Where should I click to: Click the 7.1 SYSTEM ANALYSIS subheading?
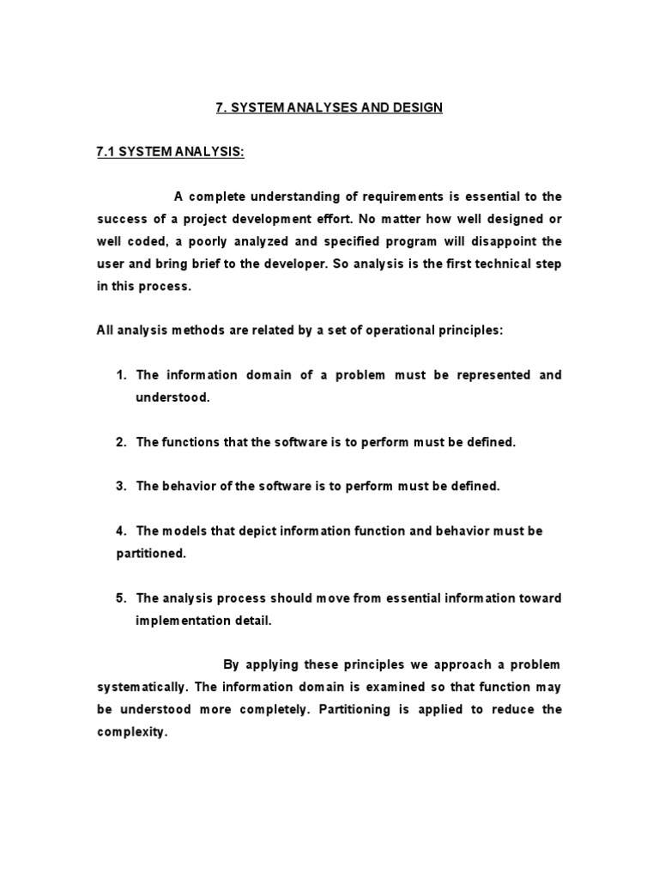pos(170,152)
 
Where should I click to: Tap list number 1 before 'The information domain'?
pos(121,375)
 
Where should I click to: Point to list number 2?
pos(121,442)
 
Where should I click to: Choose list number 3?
pos(121,487)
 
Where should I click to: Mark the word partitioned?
pos(151,554)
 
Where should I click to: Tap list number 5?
pos(121,598)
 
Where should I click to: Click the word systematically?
pos(142,688)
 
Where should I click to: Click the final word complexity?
pos(130,732)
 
